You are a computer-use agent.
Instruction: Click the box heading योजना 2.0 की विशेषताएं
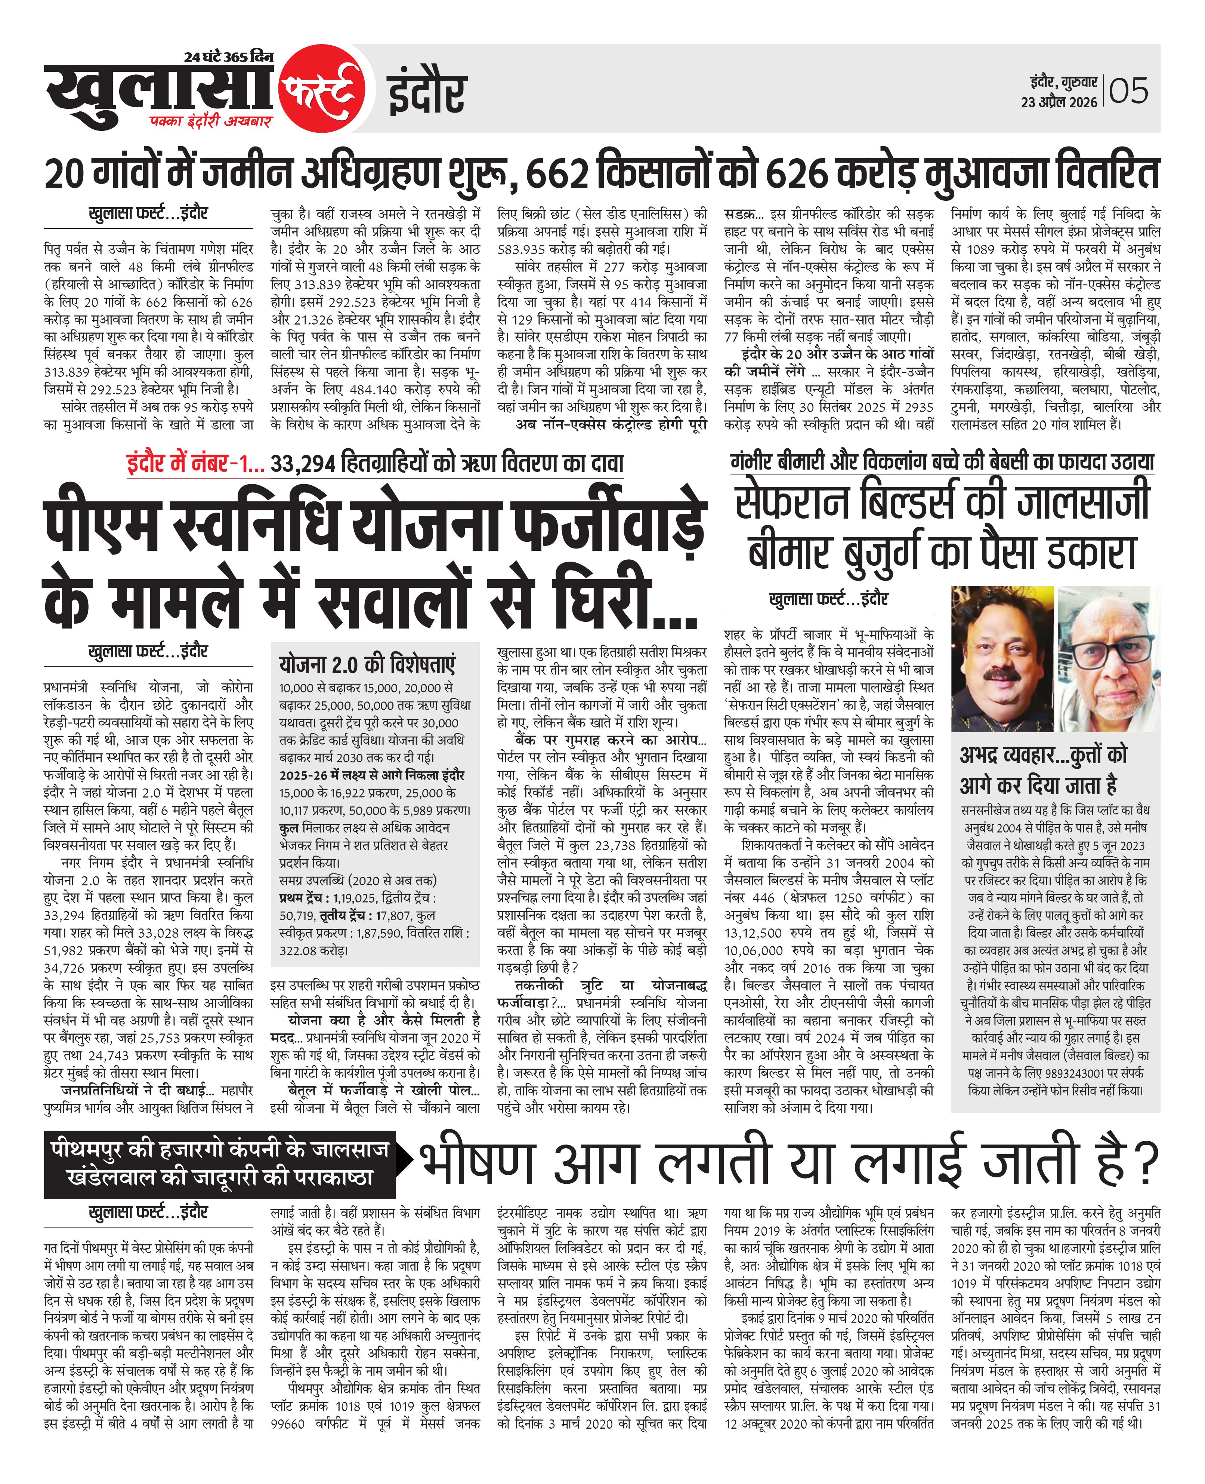click(367, 664)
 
